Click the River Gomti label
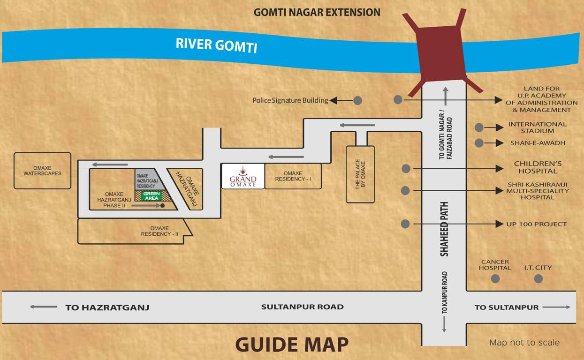(x=216, y=45)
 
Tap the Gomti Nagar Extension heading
(x=317, y=13)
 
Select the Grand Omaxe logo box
(x=243, y=176)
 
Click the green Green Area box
(x=152, y=196)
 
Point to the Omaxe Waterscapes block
(x=42, y=171)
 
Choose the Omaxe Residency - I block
(x=293, y=176)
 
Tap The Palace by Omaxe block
(x=360, y=174)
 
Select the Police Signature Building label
(x=290, y=100)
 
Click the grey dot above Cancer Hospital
(x=495, y=279)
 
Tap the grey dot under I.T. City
(x=538, y=279)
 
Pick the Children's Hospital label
(x=538, y=167)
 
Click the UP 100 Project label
(x=536, y=224)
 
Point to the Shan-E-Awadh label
(x=538, y=143)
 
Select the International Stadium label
(x=537, y=127)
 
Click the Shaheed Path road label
(x=444, y=229)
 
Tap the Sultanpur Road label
(x=302, y=307)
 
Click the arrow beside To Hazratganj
(x=44, y=307)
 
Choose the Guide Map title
(x=292, y=345)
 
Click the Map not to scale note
(x=524, y=343)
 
